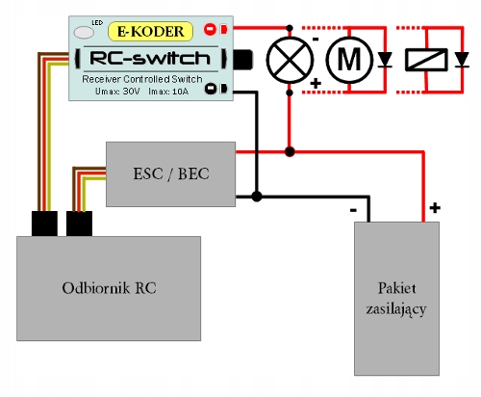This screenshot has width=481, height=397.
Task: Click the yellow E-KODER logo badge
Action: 151,32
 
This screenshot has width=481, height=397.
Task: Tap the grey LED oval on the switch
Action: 84,33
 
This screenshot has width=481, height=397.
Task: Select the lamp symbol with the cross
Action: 290,60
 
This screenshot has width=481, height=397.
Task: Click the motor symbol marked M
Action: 349,60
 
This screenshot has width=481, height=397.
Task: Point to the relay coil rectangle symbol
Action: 426,60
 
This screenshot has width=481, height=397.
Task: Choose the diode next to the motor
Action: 385,60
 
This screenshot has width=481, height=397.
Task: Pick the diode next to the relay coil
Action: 462,60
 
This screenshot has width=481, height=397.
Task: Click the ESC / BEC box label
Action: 171,173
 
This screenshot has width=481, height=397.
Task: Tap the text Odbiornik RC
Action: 109,288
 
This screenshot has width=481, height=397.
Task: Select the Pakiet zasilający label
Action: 396,299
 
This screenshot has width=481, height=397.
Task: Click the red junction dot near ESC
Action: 290,151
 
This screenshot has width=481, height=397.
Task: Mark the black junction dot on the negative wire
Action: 256,197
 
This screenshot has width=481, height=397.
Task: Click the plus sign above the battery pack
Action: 435,208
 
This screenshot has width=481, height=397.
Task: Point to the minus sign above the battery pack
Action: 353,210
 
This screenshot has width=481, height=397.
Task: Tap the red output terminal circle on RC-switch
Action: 210,29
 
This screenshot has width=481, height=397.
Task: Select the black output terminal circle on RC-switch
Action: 211,89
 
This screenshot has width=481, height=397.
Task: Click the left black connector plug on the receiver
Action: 44,224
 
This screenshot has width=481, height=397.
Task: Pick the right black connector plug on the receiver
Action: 79,224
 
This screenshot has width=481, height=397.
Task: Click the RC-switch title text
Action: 150,59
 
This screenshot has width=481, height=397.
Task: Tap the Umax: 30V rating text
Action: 117,92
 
